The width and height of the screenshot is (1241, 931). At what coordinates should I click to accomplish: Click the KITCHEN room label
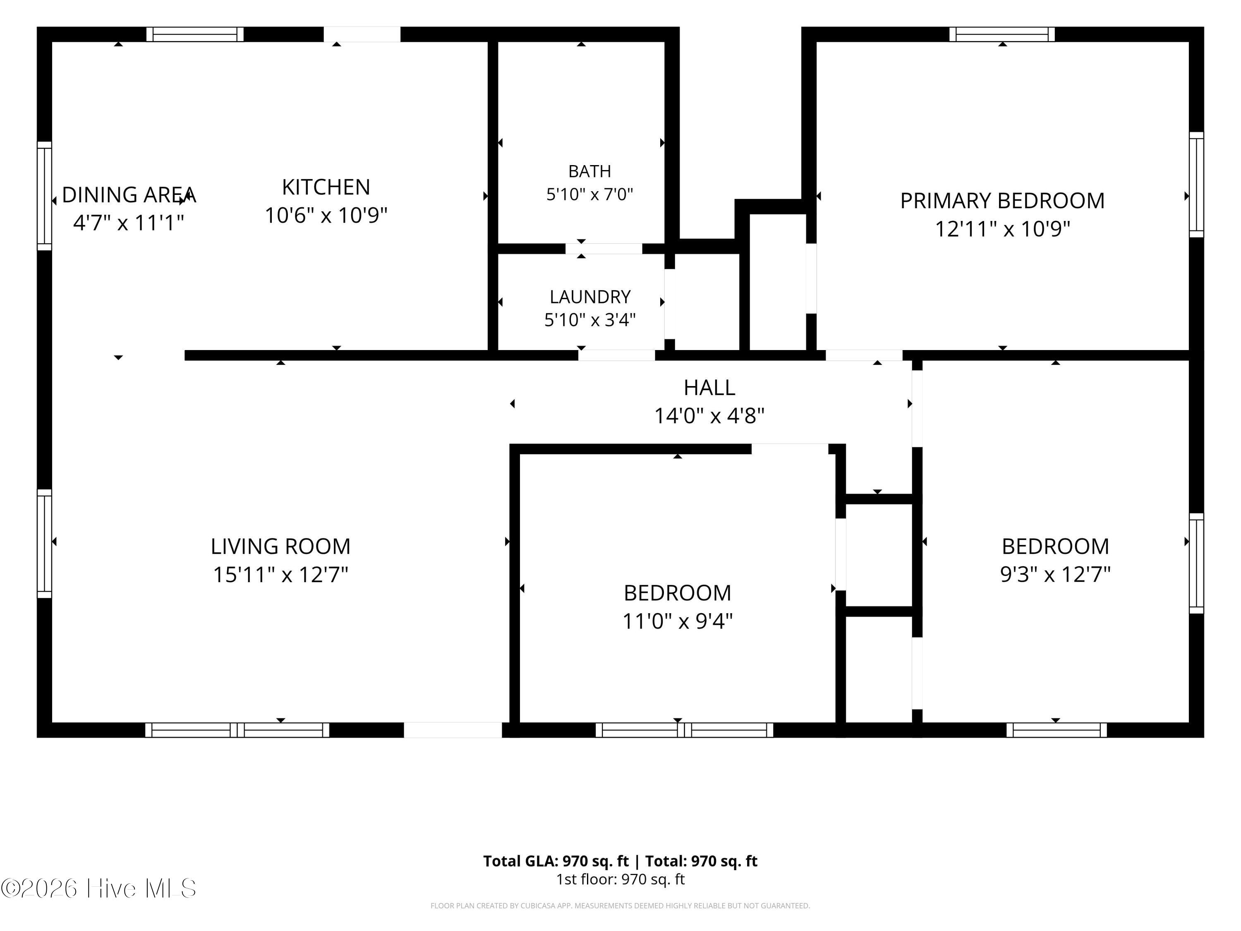click(x=326, y=187)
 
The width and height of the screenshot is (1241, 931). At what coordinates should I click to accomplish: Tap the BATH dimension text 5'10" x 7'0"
click(x=589, y=194)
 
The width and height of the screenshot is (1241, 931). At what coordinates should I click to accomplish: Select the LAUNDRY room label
click(x=589, y=296)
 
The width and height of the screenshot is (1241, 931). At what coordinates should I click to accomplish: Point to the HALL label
click(x=709, y=387)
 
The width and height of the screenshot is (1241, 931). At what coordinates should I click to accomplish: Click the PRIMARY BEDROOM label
click(x=1002, y=200)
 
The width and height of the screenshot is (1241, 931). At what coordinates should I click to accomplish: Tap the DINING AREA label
click(x=129, y=195)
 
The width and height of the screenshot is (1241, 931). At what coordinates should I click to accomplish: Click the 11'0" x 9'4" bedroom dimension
click(x=677, y=621)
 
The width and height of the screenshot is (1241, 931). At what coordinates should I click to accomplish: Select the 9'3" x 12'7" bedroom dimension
click(x=1055, y=574)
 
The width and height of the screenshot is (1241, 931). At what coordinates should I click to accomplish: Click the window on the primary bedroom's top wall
click(x=1002, y=34)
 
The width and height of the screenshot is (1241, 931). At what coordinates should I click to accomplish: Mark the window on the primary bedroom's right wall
click(x=1196, y=185)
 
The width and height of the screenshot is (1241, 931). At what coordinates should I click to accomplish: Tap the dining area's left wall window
click(x=44, y=196)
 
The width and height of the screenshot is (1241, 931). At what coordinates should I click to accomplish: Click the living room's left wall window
click(x=44, y=543)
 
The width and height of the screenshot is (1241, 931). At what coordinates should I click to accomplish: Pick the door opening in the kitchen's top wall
click(x=362, y=34)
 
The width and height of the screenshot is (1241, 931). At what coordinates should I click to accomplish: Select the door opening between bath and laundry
click(x=604, y=249)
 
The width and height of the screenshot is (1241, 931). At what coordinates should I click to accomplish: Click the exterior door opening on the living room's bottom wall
click(x=453, y=729)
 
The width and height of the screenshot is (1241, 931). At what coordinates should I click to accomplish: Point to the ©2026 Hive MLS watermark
click(x=99, y=888)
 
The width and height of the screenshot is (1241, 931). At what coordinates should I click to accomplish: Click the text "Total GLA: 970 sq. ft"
click(x=556, y=861)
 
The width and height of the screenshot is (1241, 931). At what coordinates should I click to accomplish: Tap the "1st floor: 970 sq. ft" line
click(x=620, y=879)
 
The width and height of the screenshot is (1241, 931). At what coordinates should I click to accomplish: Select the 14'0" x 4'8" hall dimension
click(x=709, y=416)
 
